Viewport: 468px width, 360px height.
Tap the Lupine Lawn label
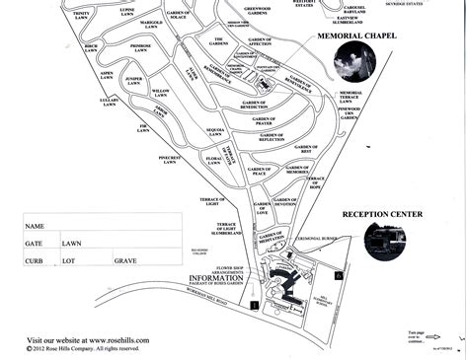pyautogui.click(x=126, y=13)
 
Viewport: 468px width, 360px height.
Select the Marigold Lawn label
pyautogui.click(x=151, y=24)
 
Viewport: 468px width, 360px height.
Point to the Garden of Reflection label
pyautogui.click(x=271, y=139)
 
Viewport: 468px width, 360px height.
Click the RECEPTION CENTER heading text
pyautogui.click(x=382, y=214)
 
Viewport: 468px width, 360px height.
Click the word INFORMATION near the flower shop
pyautogui.click(x=217, y=278)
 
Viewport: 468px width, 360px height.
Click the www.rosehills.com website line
pyautogui.click(x=88, y=339)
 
